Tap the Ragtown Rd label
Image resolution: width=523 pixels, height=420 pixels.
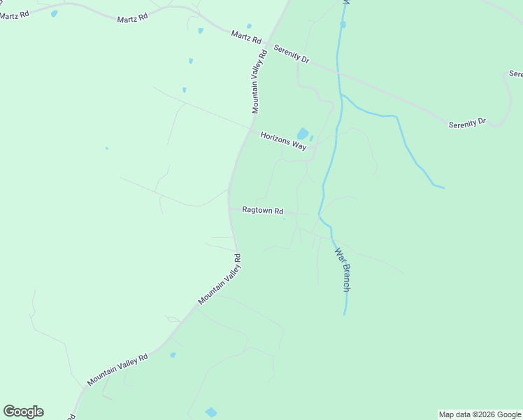pyautogui.click(x=262, y=210)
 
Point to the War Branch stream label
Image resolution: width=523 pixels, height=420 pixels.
pyautogui.click(x=342, y=269)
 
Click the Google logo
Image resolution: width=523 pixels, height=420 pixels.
pyautogui.click(x=23, y=412)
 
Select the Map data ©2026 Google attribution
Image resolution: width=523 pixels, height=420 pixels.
pyautogui.click(x=480, y=414)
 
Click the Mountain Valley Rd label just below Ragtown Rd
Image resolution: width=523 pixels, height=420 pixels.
pyautogui.click(x=220, y=279)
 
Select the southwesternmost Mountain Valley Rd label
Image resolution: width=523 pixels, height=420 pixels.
pyautogui.click(x=117, y=370)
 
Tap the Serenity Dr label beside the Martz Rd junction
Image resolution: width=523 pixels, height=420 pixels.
pyautogui.click(x=292, y=53)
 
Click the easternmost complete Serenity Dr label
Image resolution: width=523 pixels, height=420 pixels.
pyautogui.click(x=467, y=122)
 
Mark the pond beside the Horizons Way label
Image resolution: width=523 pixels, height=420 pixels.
pyautogui.click(x=303, y=133)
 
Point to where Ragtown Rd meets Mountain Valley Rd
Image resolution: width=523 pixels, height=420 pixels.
pyautogui.click(x=229, y=209)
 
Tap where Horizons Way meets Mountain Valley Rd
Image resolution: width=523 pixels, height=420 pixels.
pyautogui.click(x=250, y=128)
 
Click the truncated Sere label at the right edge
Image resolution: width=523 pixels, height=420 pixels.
pyautogui.click(x=516, y=73)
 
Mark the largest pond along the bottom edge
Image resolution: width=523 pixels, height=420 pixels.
pyautogui.click(x=210, y=412)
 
